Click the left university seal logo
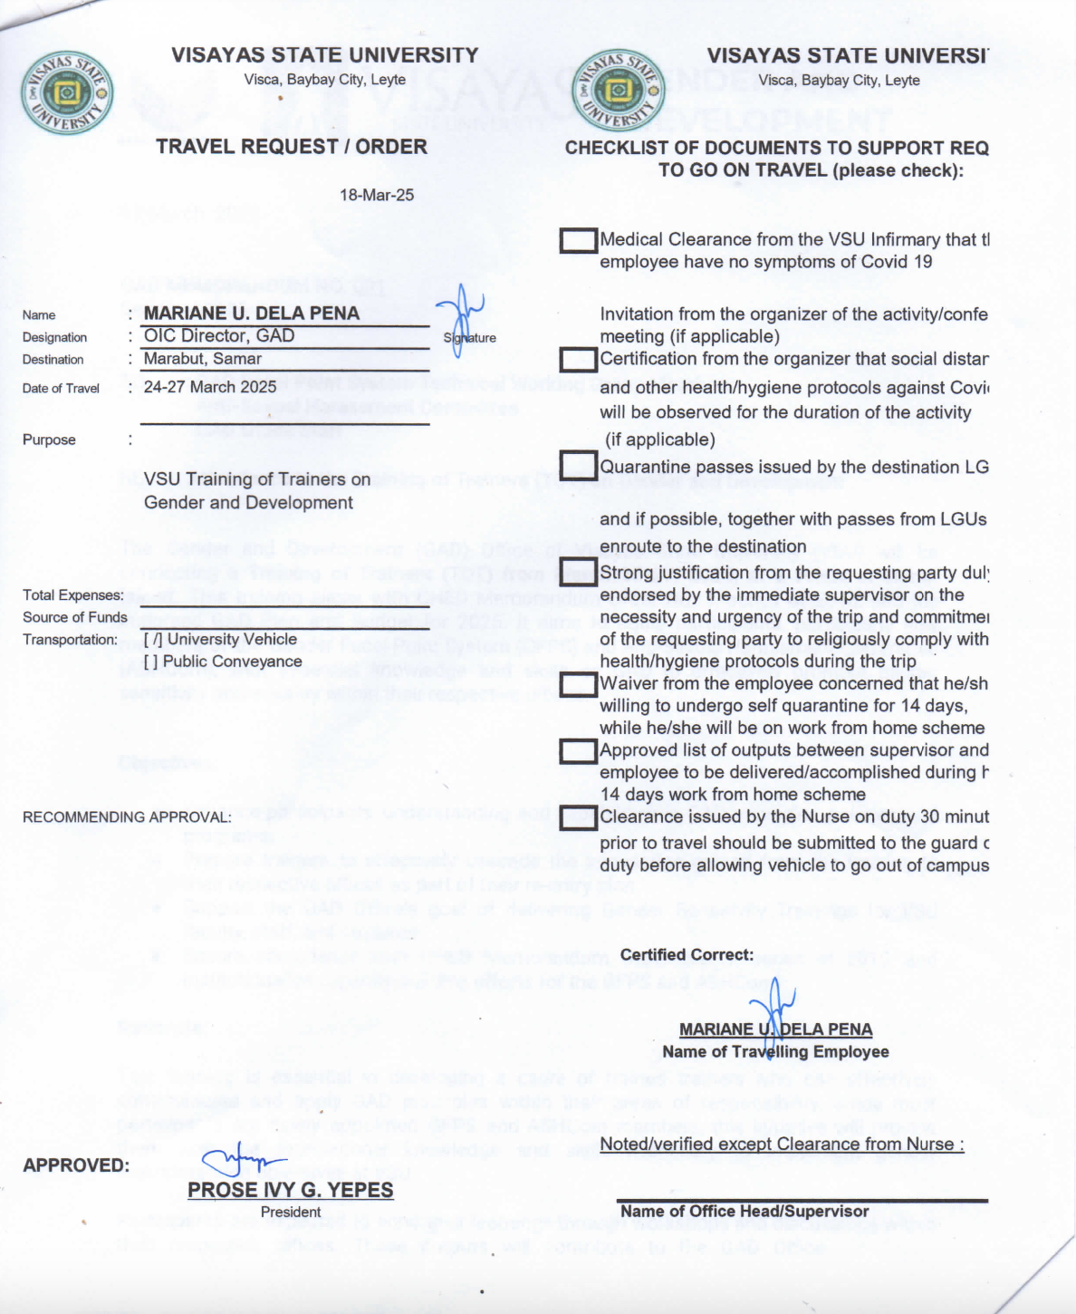point(66,92)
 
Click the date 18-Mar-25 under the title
point(377,195)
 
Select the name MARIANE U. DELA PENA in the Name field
point(251,314)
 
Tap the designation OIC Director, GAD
point(219,336)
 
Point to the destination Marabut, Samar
point(202,359)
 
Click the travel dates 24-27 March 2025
point(210,387)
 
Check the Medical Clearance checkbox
point(578,241)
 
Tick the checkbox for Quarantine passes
point(578,466)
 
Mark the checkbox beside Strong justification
point(578,573)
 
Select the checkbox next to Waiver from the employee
point(578,684)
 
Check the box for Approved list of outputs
point(578,751)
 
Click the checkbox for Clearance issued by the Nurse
point(578,817)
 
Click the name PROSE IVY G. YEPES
point(290,1190)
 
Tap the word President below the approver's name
point(290,1213)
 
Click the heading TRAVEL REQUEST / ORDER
point(291,147)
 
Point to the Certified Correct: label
point(687,955)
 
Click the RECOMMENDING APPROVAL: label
point(127,817)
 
